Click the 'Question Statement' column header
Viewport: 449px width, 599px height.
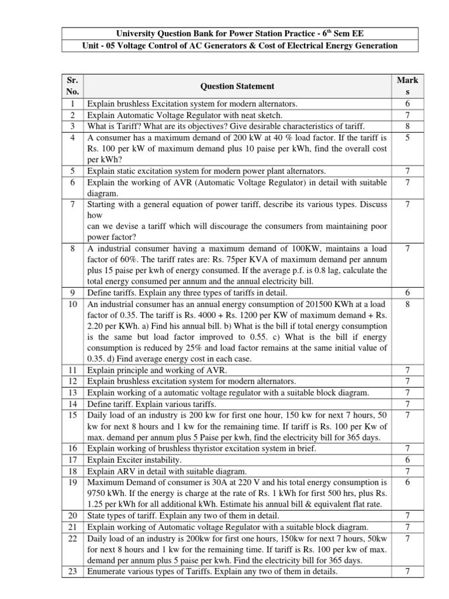point(237,86)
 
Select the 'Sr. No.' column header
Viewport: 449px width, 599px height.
point(73,86)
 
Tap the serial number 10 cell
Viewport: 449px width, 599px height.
point(73,304)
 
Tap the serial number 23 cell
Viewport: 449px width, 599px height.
point(73,572)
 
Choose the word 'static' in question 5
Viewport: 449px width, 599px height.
point(130,171)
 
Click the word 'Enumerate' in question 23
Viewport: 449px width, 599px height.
point(108,572)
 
